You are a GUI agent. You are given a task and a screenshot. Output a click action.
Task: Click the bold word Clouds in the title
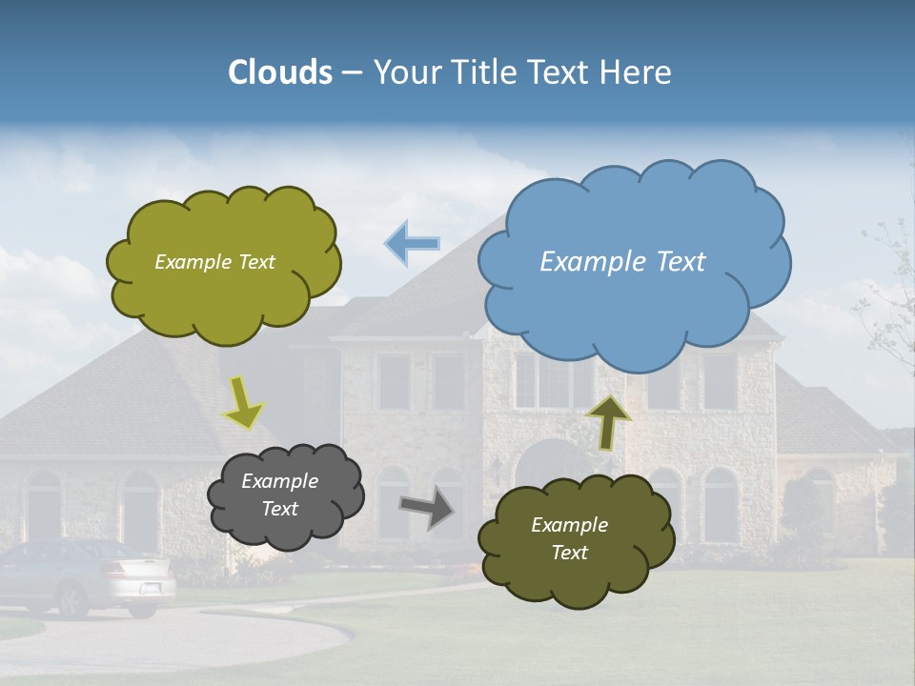(x=280, y=72)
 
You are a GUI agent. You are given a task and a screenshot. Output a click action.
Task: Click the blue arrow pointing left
(x=413, y=244)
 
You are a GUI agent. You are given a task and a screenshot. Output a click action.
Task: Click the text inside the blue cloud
(x=622, y=262)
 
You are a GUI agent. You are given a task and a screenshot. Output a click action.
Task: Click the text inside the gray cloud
(x=279, y=494)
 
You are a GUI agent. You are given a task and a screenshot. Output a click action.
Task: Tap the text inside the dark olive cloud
(x=569, y=538)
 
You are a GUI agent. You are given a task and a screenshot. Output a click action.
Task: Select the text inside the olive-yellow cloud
(x=214, y=262)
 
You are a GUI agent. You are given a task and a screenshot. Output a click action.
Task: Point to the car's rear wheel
(x=71, y=600)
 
